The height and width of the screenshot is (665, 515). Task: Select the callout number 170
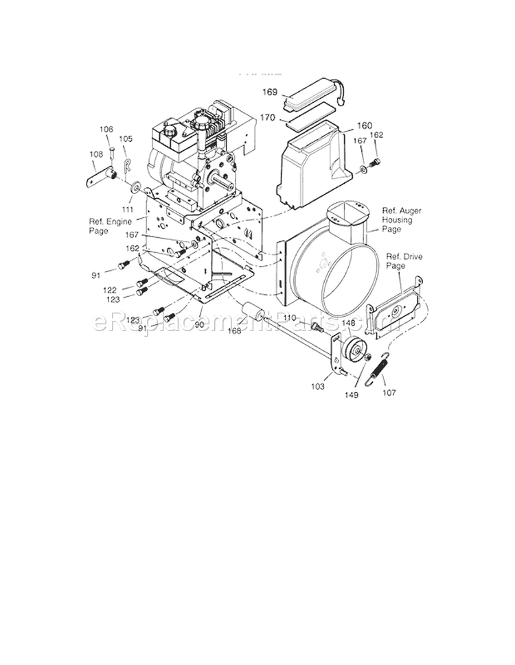pyautogui.click(x=268, y=118)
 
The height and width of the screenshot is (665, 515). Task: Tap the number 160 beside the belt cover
pyautogui.click(x=364, y=125)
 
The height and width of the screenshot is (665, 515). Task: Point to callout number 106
pyautogui.click(x=106, y=129)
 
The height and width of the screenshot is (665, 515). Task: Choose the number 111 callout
pyautogui.click(x=127, y=208)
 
